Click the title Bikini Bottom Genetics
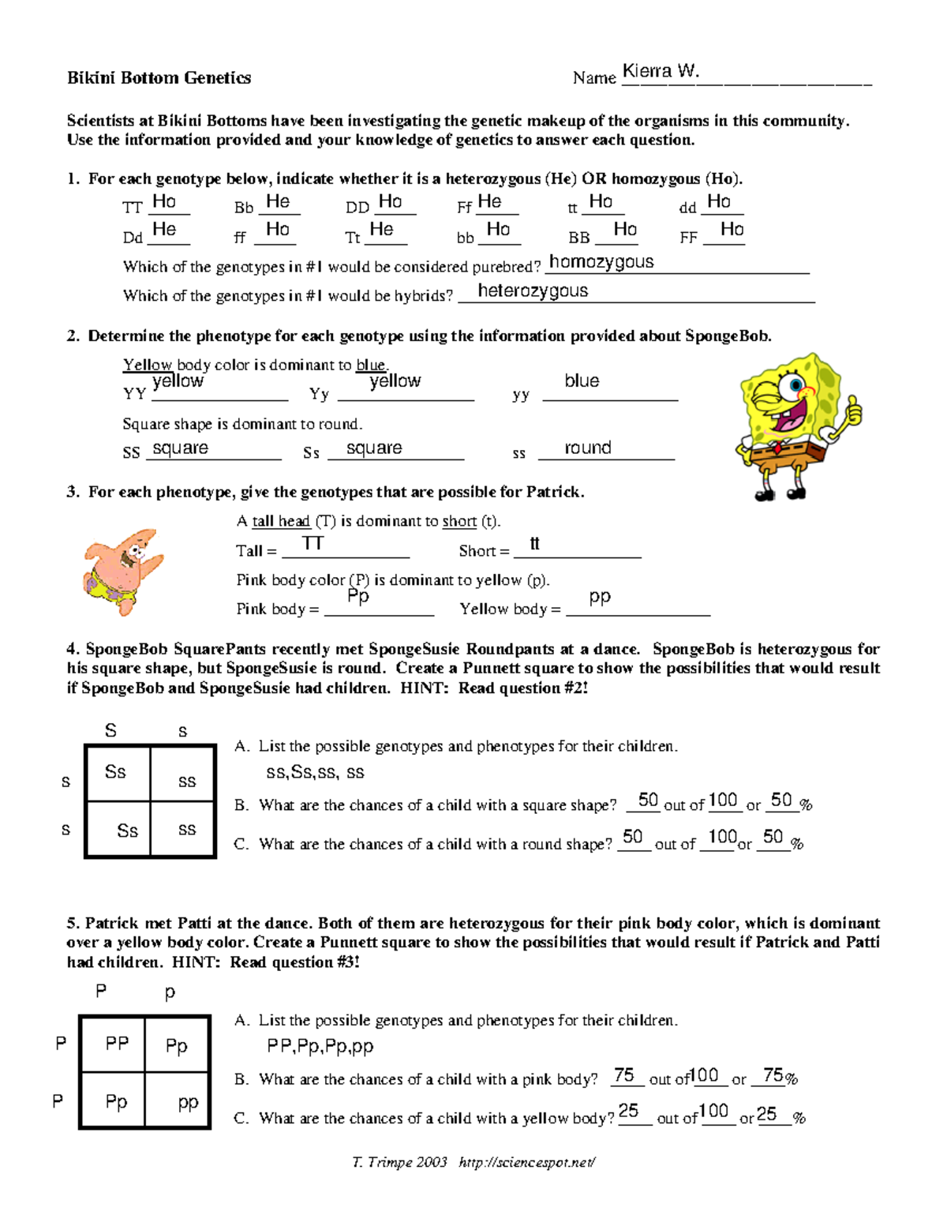159,77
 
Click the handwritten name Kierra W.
661,71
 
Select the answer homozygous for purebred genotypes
601,262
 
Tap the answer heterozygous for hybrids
533,291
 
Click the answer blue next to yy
582,381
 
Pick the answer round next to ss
588,448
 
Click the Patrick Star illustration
122,570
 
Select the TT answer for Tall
313,543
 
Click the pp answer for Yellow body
600,597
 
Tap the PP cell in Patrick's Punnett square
117,1044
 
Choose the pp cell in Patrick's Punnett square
188,1102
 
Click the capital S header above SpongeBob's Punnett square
110,730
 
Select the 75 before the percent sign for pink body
773,1075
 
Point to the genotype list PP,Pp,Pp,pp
320,1046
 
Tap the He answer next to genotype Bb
278,201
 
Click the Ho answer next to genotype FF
732,229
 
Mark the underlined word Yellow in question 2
148,365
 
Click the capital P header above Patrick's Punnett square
101,990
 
